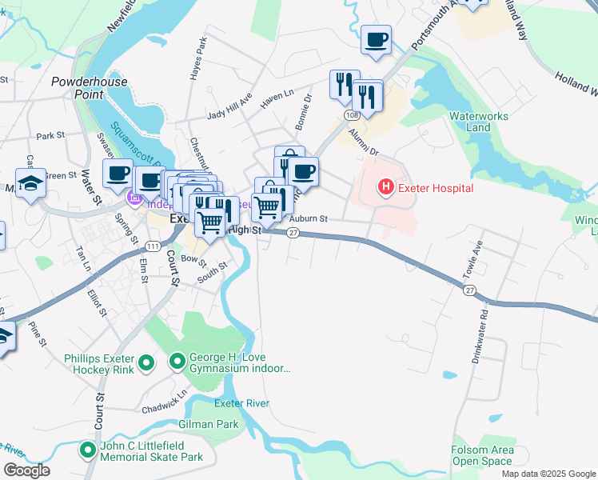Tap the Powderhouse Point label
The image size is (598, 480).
78,87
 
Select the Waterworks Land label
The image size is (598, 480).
478,122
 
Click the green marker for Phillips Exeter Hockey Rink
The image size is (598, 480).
146,364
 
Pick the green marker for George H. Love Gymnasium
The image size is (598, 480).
177,364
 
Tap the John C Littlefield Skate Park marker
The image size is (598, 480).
87,451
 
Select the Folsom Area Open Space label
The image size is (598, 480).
481,456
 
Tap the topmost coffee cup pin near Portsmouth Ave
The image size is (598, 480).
376,39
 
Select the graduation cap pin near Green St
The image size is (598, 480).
31,182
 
